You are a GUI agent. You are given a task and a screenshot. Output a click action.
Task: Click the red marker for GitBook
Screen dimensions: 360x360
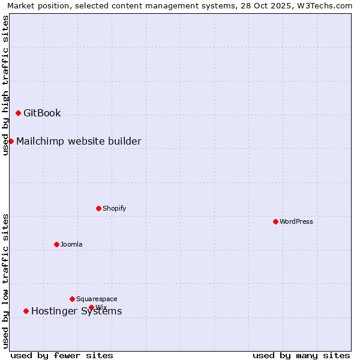[18, 113]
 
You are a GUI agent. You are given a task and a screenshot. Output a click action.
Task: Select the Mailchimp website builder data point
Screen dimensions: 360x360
[11, 141]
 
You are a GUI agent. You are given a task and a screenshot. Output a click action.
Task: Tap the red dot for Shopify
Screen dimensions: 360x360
[98, 208]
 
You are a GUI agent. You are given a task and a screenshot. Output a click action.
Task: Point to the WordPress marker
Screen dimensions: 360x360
[275, 221]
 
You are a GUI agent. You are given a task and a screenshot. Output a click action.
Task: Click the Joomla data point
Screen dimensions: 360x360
[56, 244]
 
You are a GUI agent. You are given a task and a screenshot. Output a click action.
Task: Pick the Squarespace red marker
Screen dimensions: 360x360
[72, 299]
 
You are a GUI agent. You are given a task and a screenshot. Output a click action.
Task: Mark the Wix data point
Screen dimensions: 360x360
[91, 307]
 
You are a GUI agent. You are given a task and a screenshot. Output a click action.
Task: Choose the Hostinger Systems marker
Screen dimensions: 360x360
[26, 311]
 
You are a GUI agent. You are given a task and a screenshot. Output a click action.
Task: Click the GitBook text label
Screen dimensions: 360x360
[42, 113]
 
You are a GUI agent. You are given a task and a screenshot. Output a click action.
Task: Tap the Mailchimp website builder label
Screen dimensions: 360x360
[79, 141]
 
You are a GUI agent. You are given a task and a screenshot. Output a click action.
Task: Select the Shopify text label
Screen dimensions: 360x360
[114, 208]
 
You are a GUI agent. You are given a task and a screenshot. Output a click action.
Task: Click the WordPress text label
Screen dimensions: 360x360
[296, 221]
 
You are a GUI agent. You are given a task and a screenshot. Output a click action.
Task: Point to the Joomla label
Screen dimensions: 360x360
[71, 244]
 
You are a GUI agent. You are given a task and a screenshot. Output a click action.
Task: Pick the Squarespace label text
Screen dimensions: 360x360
[97, 299]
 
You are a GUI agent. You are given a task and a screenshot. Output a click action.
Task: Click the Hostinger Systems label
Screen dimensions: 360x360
[76, 311]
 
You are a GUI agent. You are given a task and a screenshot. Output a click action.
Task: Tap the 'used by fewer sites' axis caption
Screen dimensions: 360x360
[62, 355]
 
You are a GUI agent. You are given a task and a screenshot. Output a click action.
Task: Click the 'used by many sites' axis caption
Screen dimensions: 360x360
[301, 355]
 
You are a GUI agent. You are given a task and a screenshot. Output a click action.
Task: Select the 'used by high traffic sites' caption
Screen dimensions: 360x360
[5, 85]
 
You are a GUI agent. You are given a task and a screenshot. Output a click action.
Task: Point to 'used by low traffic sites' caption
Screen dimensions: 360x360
[5, 281]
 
